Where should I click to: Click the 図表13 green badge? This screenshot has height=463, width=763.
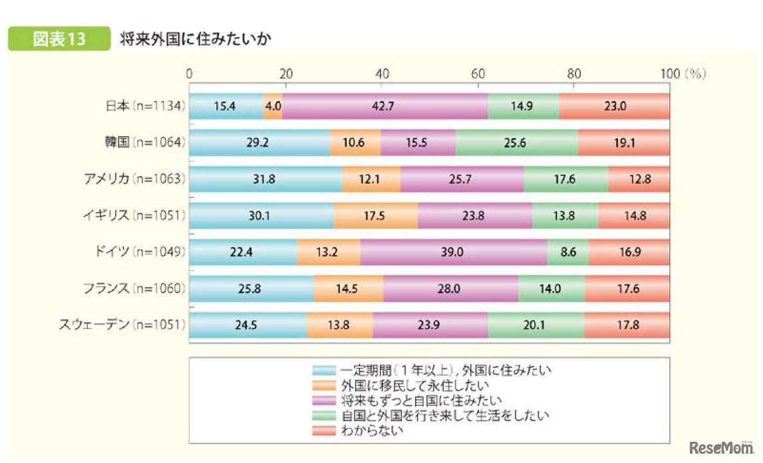(x=59, y=39)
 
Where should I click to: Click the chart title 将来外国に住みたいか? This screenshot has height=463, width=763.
(x=196, y=39)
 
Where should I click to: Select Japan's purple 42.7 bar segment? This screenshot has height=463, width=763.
(x=385, y=106)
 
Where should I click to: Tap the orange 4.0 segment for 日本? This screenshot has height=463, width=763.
(x=273, y=106)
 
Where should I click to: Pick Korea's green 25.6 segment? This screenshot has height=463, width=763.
(x=517, y=143)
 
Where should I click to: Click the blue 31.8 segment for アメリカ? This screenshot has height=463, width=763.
(x=266, y=179)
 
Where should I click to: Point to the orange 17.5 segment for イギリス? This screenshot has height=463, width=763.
(x=376, y=216)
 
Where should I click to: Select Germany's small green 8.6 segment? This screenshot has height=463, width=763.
(x=567, y=252)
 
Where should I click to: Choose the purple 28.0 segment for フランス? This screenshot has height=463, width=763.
(x=450, y=289)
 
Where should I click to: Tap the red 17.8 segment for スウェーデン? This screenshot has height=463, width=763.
(x=627, y=325)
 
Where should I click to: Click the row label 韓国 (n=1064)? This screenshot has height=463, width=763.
(x=146, y=142)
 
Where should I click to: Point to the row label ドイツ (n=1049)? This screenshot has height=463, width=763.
(x=141, y=252)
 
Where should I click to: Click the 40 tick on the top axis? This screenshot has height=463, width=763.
(x=382, y=74)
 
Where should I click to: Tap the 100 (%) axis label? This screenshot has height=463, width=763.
(x=681, y=74)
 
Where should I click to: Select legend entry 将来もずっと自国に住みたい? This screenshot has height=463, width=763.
(x=420, y=400)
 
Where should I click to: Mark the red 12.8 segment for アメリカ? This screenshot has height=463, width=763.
(x=639, y=179)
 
